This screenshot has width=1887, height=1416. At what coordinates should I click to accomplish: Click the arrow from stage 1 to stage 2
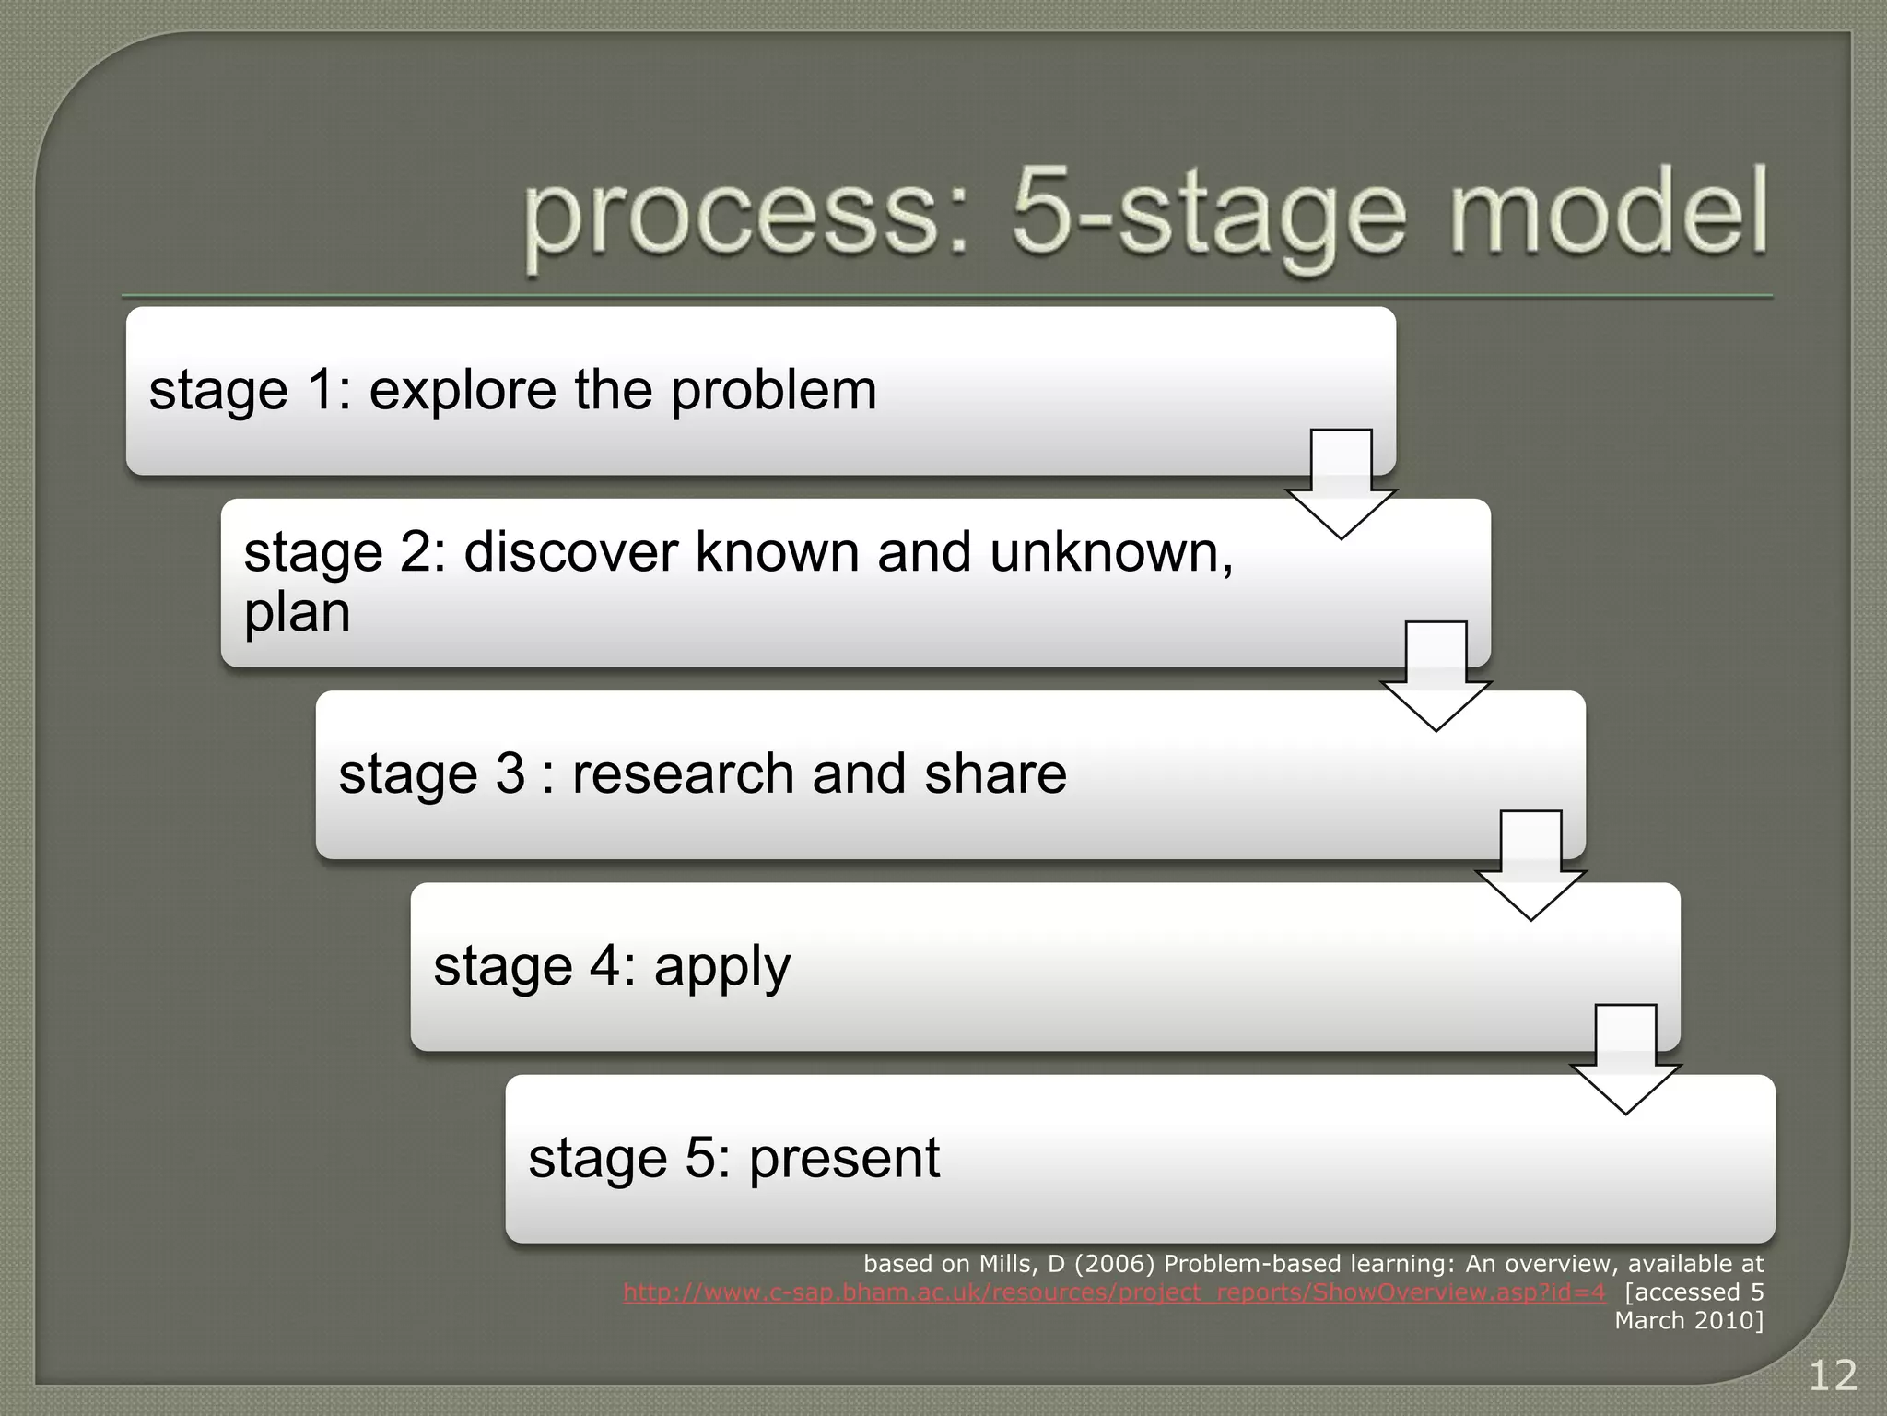click(1341, 484)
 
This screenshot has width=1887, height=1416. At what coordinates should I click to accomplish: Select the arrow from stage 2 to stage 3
click(1436, 677)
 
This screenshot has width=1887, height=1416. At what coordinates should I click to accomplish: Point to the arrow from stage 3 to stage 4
click(1530, 866)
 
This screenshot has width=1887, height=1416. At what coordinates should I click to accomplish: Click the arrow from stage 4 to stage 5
click(1625, 1059)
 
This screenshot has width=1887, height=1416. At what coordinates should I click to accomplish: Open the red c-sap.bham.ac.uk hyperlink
click(1113, 1292)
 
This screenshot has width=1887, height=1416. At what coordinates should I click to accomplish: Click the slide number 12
click(1833, 1376)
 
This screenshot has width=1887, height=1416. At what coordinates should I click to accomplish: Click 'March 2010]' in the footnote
click(1688, 1320)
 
